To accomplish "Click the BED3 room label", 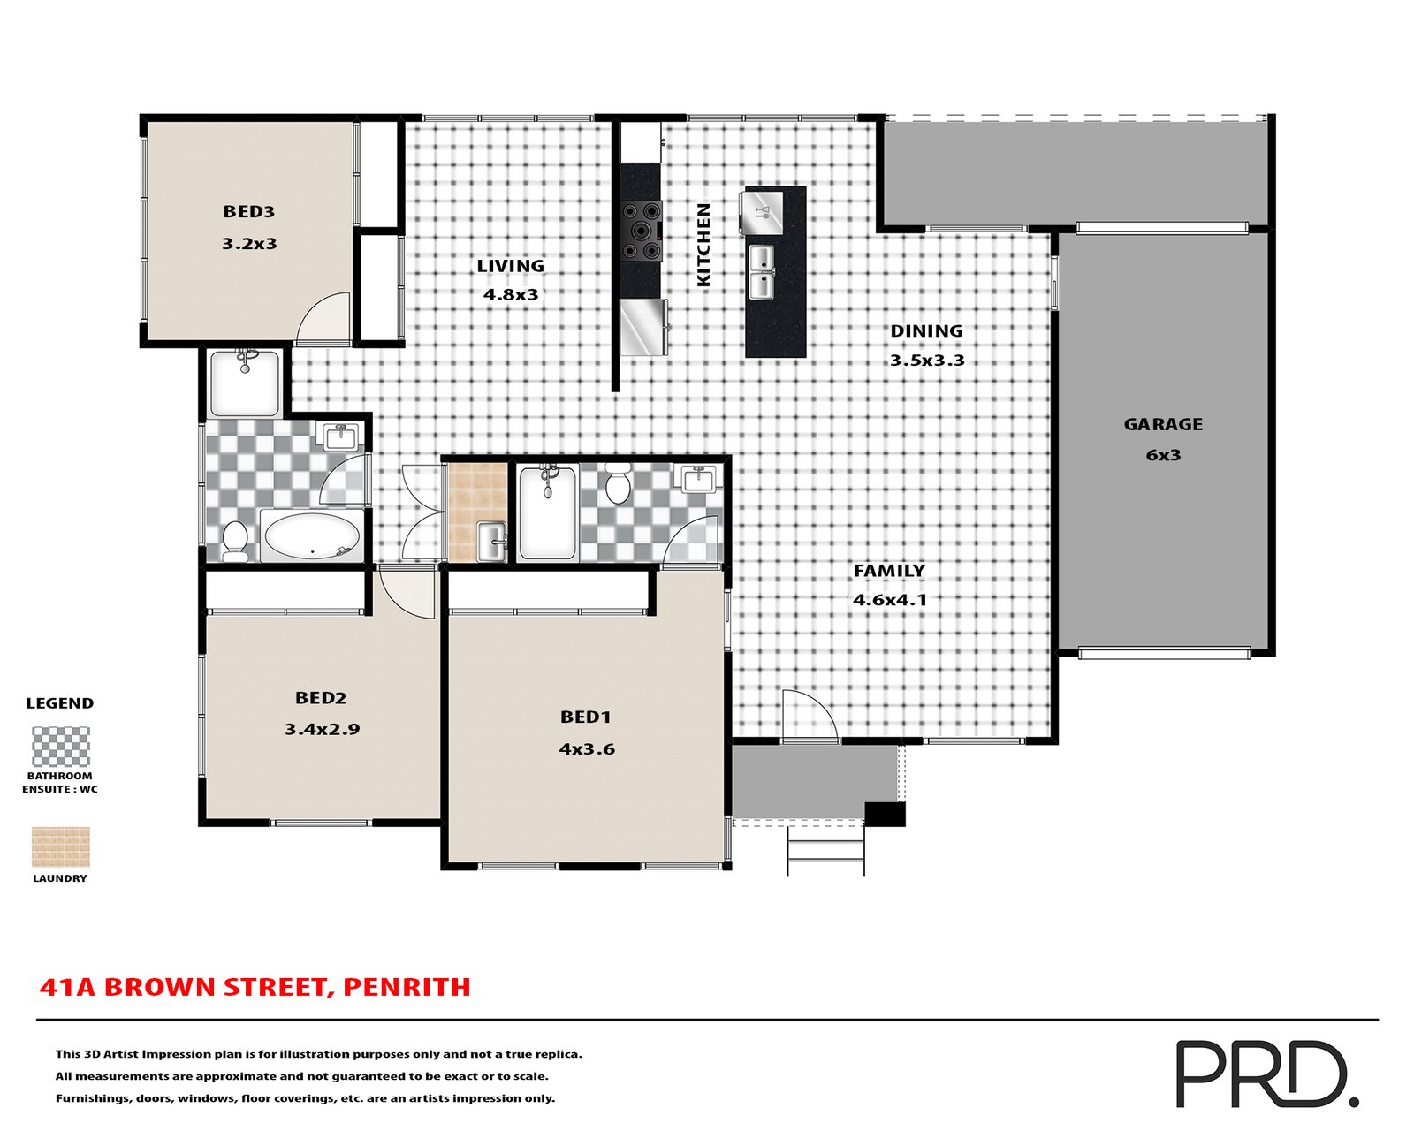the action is [x=249, y=211].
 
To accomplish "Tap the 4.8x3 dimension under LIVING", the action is [x=511, y=294].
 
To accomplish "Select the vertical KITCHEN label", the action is [x=703, y=245].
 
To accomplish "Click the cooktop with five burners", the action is [x=642, y=232].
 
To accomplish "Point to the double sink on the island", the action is [x=762, y=272].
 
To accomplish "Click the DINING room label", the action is [x=926, y=331].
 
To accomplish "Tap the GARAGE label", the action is [x=1163, y=424].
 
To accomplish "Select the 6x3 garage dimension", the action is [x=1163, y=455].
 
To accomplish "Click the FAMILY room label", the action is [x=889, y=571].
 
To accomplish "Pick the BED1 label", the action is [x=585, y=717].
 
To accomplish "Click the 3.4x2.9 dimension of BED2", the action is [x=322, y=729].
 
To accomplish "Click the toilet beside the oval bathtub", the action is [x=234, y=542].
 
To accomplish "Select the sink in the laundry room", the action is [x=491, y=543].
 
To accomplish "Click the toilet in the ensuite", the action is [x=618, y=483].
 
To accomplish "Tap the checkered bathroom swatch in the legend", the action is [x=60, y=746].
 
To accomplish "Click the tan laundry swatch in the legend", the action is [x=60, y=847].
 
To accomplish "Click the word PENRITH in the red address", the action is [x=407, y=987].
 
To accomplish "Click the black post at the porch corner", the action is [x=885, y=815].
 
